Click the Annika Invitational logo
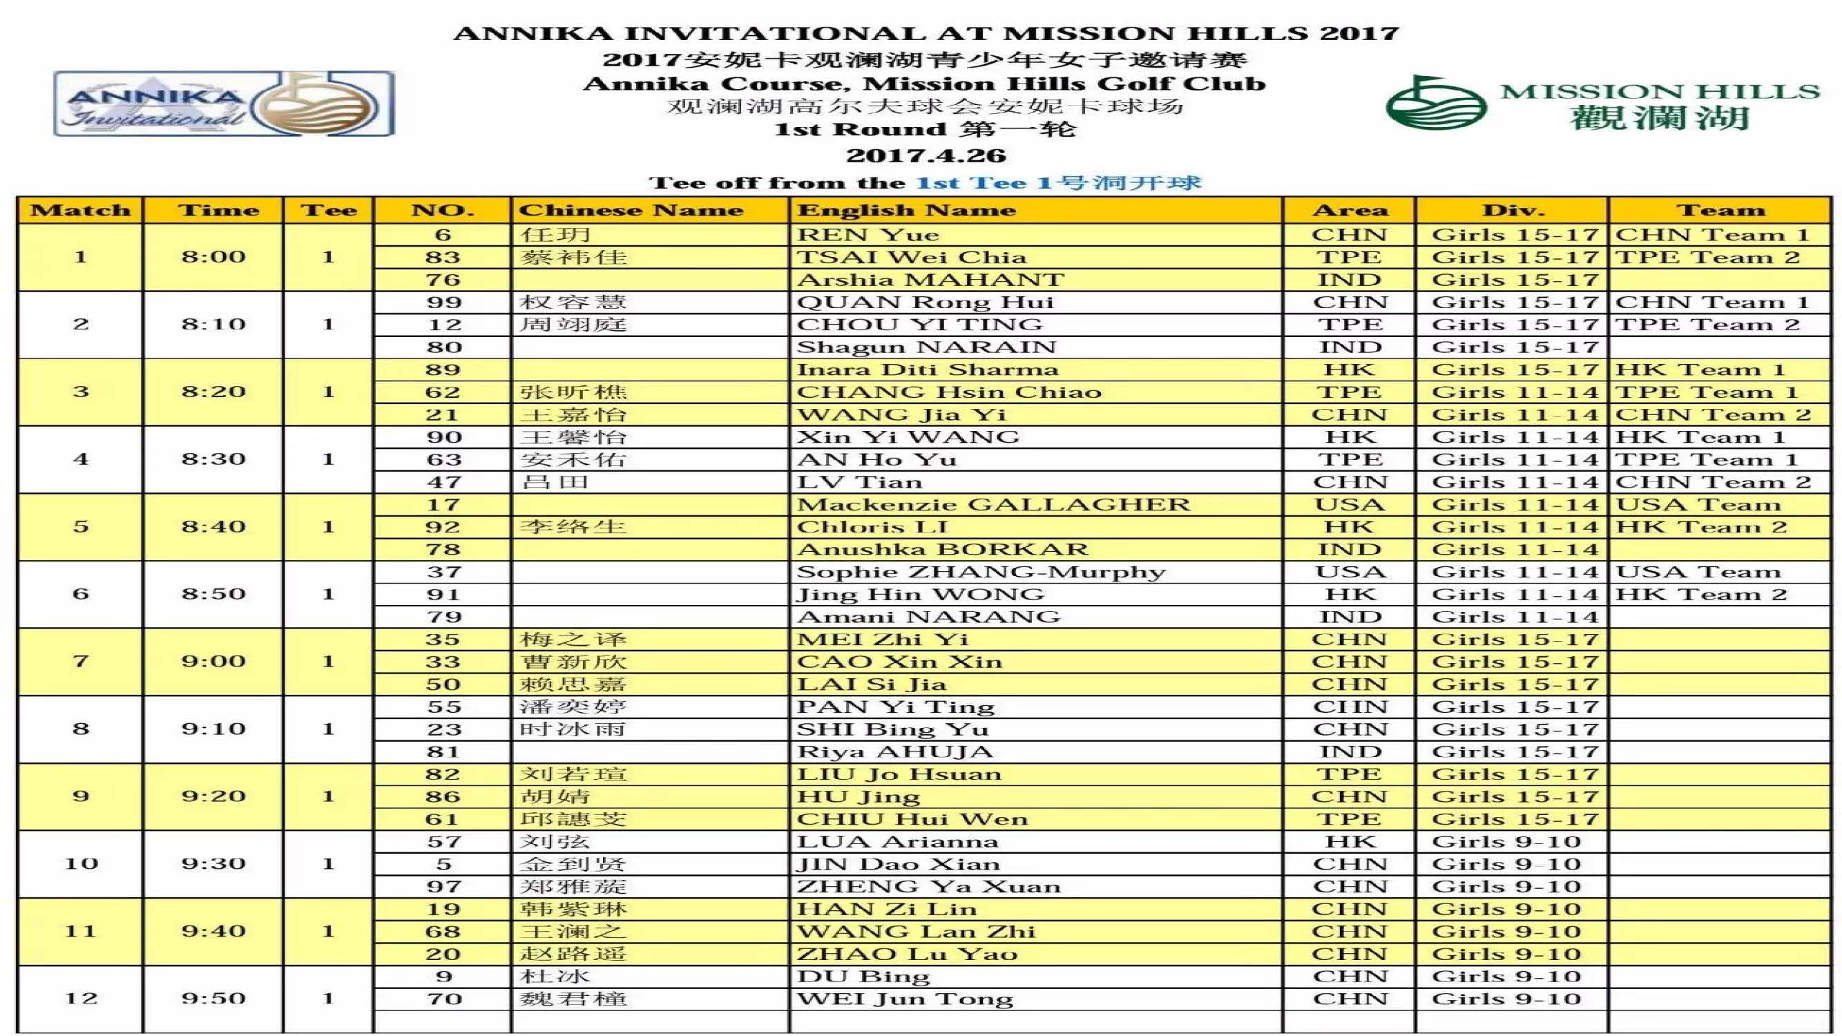point(224,104)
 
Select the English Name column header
point(906,210)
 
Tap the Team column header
point(1720,210)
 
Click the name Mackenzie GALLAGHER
point(993,505)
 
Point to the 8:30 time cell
point(213,459)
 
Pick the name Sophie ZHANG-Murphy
point(980,572)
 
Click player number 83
point(443,258)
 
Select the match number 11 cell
point(80,931)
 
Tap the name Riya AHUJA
point(894,752)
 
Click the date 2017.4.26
point(926,156)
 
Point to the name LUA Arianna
point(897,841)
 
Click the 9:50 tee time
point(213,998)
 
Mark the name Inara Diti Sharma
point(927,370)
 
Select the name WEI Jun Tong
point(905,999)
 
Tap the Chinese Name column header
point(631,210)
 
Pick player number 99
point(443,303)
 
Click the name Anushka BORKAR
point(942,550)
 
